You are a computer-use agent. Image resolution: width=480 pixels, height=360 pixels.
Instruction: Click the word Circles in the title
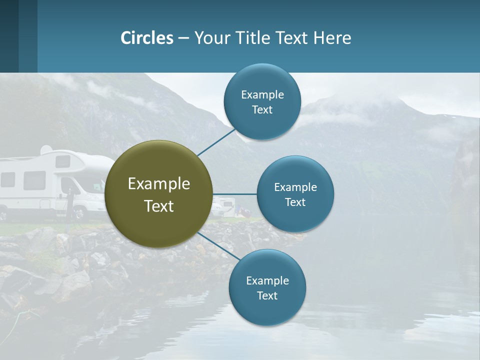(x=147, y=38)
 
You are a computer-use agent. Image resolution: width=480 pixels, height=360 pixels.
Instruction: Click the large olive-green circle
(x=159, y=194)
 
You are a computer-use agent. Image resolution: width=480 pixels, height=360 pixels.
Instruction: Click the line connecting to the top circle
(x=216, y=142)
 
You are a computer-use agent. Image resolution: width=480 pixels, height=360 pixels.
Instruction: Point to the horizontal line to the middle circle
(x=234, y=194)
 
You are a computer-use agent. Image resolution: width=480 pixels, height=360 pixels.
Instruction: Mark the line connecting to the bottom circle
(x=215, y=245)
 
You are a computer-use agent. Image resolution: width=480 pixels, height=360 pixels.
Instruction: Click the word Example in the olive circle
(x=159, y=183)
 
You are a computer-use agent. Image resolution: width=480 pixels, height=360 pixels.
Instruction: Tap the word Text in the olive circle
(x=159, y=206)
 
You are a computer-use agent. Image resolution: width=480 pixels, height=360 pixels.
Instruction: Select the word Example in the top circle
(x=262, y=94)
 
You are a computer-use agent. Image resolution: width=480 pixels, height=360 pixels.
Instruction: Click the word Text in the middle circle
(x=295, y=202)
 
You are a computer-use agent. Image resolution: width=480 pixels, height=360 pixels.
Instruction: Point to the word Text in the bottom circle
(x=267, y=295)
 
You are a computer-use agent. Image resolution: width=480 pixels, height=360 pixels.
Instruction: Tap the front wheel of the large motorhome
(x=79, y=213)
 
